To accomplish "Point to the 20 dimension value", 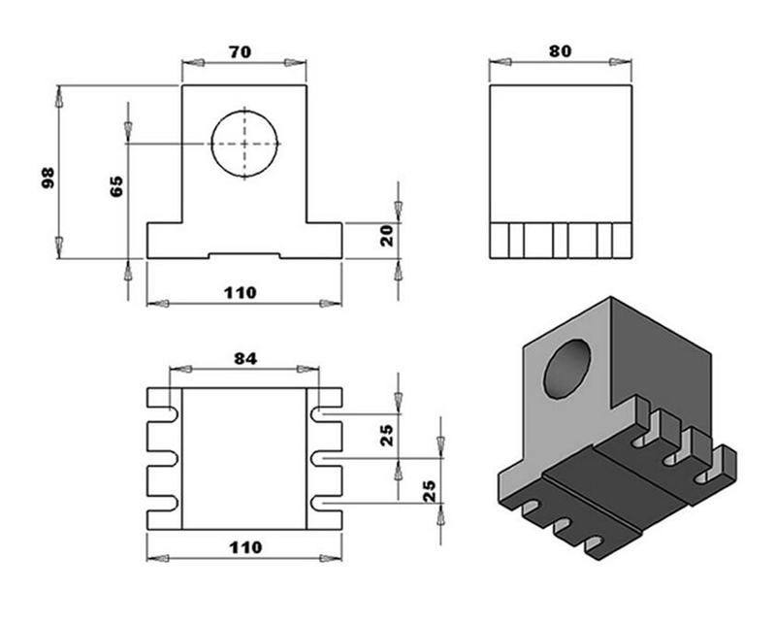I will click(x=386, y=236).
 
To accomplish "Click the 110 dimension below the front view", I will click(x=244, y=292).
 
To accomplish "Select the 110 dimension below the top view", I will click(x=244, y=547).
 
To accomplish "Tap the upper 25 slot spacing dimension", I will click(x=386, y=436).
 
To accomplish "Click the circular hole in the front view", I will click(x=244, y=144).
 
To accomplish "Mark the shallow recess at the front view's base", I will click(x=244, y=256).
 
